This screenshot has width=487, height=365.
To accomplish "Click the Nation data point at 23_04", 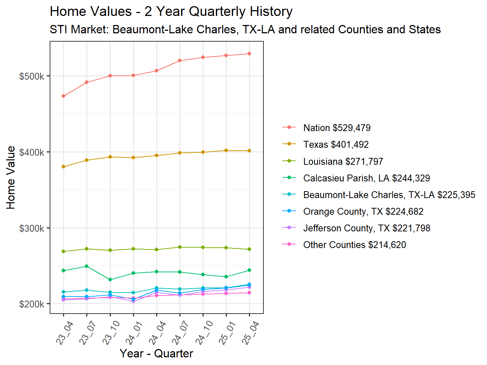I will pyautogui.click(x=63, y=96).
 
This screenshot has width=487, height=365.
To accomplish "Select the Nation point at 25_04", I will pyautogui.click(x=249, y=54).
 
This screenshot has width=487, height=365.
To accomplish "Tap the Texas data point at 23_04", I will pyautogui.click(x=63, y=167).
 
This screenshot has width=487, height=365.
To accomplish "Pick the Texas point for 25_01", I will pyautogui.click(x=226, y=150).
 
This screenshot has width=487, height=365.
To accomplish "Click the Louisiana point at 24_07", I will pyautogui.click(x=180, y=247).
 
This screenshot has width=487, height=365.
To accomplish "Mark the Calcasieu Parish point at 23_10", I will pyautogui.click(x=110, y=280).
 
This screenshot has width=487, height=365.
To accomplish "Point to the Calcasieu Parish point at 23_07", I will pyautogui.click(x=87, y=266).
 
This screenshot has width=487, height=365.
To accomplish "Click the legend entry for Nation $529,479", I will pyautogui.click(x=337, y=128).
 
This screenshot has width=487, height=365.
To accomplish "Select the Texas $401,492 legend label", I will pyautogui.click(x=336, y=144).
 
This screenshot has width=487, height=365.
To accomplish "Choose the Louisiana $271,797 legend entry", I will pyautogui.click(x=343, y=161).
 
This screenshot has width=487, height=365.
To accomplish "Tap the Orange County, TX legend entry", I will pyautogui.click(x=363, y=211).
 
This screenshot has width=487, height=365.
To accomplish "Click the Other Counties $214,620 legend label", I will pyautogui.click(x=354, y=245).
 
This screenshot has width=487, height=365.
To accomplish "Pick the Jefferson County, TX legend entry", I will pyautogui.click(x=367, y=228).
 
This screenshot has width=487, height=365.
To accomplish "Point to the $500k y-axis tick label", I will pyautogui.click(x=32, y=76).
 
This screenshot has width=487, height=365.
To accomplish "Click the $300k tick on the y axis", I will pyautogui.click(x=32, y=228).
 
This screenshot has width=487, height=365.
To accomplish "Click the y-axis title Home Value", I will pyautogui.click(x=11, y=177).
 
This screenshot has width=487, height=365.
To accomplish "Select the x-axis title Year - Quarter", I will pyautogui.click(x=156, y=353).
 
